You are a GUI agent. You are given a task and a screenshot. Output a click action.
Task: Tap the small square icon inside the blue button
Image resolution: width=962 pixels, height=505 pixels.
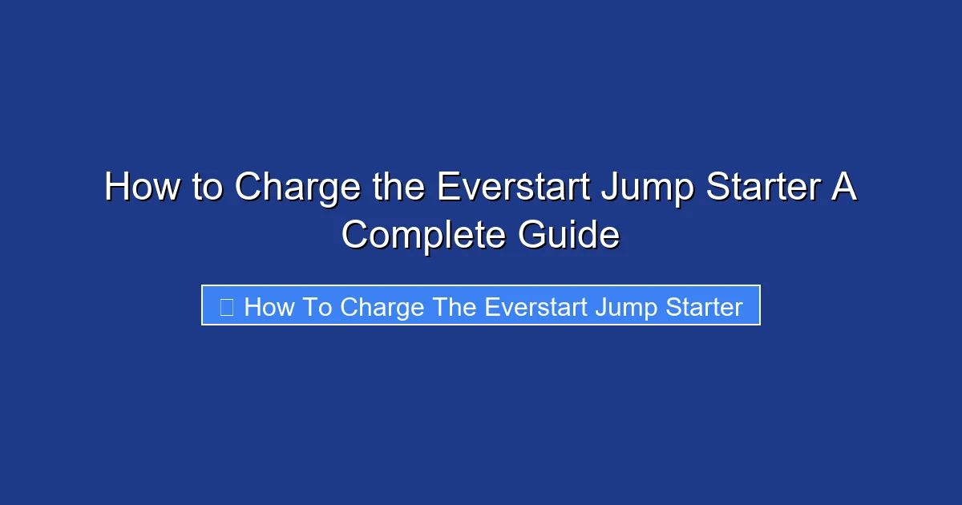[x=227, y=306]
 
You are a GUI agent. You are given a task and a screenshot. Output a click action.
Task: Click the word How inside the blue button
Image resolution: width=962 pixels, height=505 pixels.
[x=269, y=306]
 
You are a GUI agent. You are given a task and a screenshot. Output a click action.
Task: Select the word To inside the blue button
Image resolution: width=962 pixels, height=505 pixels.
[x=318, y=306]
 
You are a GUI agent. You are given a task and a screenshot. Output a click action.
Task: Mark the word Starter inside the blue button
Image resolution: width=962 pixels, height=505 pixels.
[x=700, y=306]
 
